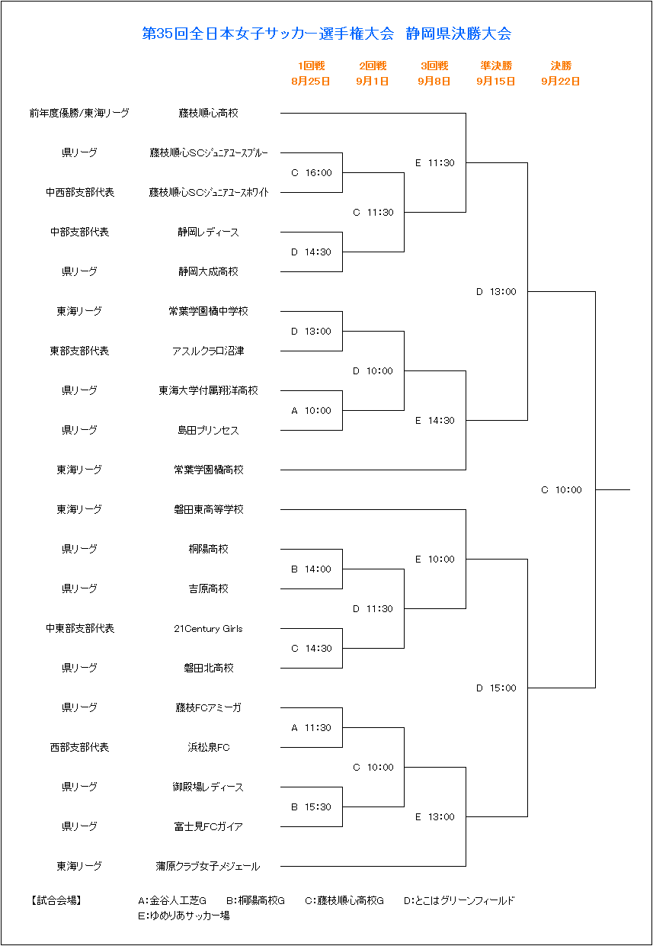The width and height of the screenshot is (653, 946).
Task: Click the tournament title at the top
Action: point(326,34)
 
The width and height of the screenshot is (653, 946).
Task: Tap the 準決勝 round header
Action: point(496,66)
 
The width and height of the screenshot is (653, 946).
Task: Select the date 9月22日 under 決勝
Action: point(561,81)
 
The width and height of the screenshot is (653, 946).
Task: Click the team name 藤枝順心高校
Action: point(208,113)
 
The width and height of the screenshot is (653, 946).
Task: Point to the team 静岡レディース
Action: point(208,232)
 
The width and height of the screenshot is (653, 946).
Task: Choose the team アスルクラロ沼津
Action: point(208,351)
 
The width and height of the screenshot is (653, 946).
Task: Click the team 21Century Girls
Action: point(208,628)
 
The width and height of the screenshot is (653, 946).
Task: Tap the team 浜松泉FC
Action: point(208,748)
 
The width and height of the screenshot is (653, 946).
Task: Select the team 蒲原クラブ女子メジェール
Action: point(208,866)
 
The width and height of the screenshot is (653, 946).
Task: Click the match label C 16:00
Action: point(312,173)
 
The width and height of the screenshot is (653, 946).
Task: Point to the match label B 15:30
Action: point(312,807)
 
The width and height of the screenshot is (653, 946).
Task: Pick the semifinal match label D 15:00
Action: point(496,688)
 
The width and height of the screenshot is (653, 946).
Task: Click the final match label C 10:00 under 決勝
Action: point(562,490)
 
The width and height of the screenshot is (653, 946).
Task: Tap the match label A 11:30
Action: point(312,728)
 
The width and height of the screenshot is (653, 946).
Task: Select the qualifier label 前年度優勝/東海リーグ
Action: point(79,113)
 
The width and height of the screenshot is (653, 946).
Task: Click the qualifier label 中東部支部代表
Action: point(80,628)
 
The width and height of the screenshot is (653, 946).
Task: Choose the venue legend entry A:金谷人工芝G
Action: point(172,901)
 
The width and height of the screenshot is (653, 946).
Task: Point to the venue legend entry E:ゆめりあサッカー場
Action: point(184,916)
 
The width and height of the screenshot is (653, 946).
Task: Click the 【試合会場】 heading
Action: point(56,901)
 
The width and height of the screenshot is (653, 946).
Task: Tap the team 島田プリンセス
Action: point(208,431)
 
